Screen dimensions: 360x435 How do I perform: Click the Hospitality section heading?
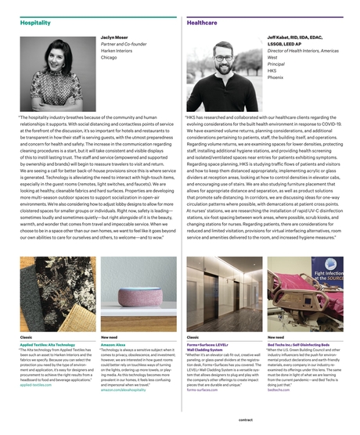click(x=35, y=23)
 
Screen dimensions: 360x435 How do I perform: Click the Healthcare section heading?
click(x=202, y=23)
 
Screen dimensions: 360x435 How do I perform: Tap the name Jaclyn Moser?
click(x=115, y=37)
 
